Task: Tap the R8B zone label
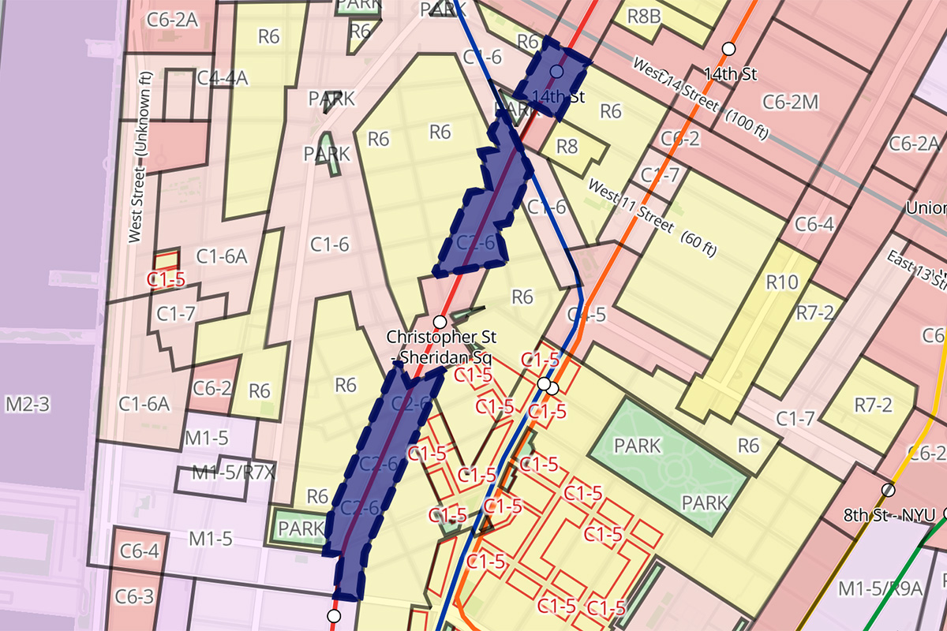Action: click(644, 17)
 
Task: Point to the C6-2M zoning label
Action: click(792, 100)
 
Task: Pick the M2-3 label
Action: click(28, 405)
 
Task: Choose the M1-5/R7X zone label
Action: click(223, 473)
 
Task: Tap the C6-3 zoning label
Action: click(134, 597)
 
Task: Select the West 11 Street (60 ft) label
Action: click(653, 217)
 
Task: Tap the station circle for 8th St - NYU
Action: click(889, 490)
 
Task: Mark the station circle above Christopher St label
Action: click(440, 321)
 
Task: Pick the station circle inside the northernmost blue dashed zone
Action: click(556, 72)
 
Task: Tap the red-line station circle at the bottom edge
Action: click(334, 615)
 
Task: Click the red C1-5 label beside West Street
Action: click(167, 278)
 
